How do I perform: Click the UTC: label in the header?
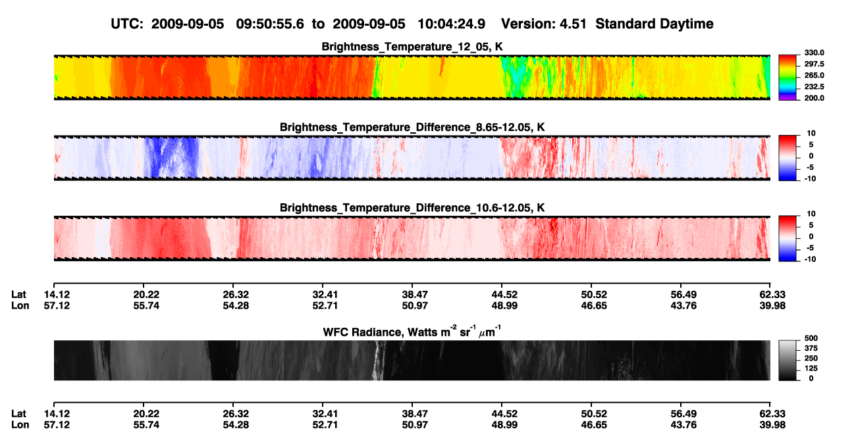click(127, 24)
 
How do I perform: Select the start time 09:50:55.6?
click(270, 24)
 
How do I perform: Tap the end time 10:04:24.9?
click(451, 24)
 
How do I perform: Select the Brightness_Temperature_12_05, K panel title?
click(412, 47)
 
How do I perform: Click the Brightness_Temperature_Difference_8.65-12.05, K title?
click(412, 127)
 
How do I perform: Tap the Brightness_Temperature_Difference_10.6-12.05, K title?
click(412, 208)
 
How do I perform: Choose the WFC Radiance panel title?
click(412, 332)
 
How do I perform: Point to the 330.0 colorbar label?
click(814, 53)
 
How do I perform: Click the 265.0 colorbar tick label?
click(814, 75)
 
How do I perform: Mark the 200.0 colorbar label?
click(814, 98)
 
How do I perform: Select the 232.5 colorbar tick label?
click(814, 87)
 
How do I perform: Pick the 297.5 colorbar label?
click(814, 64)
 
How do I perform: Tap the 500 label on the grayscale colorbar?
click(811, 338)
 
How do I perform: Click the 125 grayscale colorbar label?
click(811, 369)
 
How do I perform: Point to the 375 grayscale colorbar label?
click(811, 348)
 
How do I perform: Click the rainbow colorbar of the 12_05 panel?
click(788, 78)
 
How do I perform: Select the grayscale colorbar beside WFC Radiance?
click(788, 360)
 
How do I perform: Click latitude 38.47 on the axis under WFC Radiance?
click(415, 414)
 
